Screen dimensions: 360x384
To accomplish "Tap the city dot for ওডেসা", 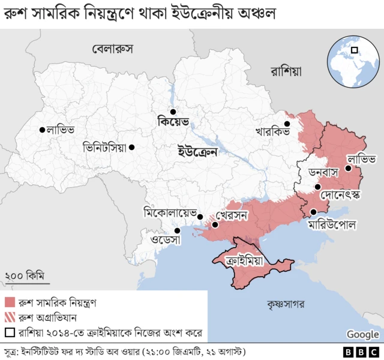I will click(x=177, y=230).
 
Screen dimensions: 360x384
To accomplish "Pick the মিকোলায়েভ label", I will click(x=169, y=212).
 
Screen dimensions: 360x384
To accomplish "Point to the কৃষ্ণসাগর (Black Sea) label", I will click(x=287, y=304).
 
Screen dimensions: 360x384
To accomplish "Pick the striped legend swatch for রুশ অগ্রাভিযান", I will click(x=10, y=317).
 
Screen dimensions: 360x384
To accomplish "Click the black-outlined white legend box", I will click(x=10, y=332).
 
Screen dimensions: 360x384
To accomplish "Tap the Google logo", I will click(x=362, y=334).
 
